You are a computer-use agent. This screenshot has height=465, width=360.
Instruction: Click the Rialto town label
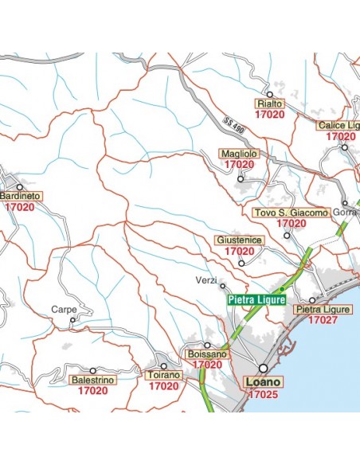click(x=269, y=104)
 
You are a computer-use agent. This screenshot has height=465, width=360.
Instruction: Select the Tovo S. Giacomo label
click(x=290, y=213)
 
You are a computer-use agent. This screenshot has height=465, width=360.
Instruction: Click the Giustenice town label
click(x=239, y=240)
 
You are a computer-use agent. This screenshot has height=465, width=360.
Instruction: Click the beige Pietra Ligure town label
click(x=323, y=309)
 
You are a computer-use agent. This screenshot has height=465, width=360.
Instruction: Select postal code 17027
click(x=323, y=320)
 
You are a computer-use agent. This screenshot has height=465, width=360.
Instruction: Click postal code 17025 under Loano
click(x=262, y=394)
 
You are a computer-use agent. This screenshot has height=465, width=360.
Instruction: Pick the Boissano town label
click(x=206, y=354)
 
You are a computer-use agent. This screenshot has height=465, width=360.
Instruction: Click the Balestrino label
click(x=93, y=381)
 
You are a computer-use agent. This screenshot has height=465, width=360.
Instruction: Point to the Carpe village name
click(x=64, y=309)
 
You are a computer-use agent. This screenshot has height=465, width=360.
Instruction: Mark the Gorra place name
click(x=345, y=213)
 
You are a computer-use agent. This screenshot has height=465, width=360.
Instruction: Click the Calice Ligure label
click(x=339, y=126)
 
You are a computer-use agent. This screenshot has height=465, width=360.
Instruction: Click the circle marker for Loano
click(x=263, y=368)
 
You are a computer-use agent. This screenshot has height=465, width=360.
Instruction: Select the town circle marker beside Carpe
click(x=72, y=322)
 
